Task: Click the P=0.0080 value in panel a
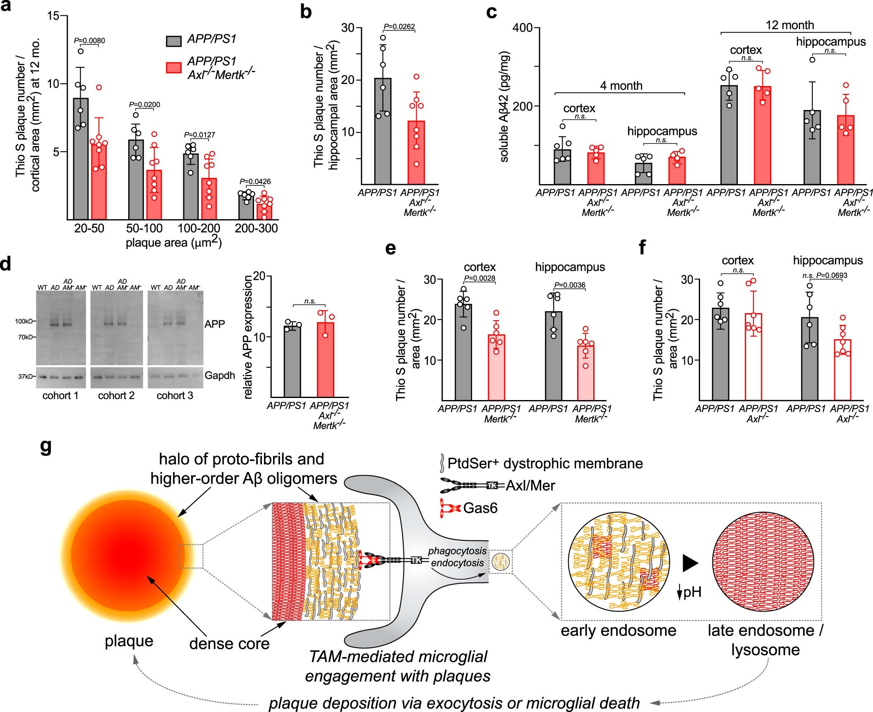89,41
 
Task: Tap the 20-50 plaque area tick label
89,228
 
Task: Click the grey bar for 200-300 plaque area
246,206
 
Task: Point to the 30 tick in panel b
348,28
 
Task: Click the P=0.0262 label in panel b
399,27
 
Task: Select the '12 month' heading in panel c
789,25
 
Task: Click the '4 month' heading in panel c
621,86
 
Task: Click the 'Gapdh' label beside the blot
220,375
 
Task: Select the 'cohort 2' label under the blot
116,396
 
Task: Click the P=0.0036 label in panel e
570,285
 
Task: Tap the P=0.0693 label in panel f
832,276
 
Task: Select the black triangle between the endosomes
690,563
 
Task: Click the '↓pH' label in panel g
689,592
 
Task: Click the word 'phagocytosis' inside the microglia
457,551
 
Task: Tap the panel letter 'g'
46,447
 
